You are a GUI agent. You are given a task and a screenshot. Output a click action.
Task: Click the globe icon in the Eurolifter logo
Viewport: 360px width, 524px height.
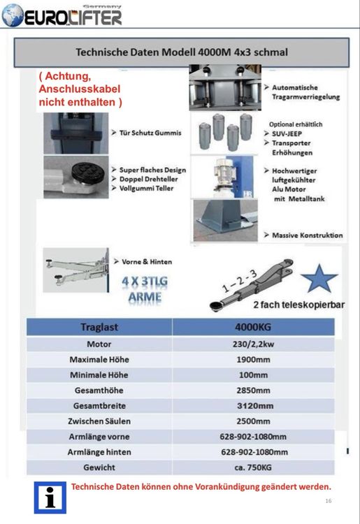13,15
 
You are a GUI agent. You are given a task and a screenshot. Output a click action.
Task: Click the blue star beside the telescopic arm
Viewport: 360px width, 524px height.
319,278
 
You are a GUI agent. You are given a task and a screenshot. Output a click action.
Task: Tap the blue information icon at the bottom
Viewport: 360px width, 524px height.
50,497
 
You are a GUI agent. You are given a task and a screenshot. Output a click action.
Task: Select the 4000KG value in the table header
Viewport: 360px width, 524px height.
253,327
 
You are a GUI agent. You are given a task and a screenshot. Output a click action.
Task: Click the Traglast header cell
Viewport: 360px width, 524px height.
99,327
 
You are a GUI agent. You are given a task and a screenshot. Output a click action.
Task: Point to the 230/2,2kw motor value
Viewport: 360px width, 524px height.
253,344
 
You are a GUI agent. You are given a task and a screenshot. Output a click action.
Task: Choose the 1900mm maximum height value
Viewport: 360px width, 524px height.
253,360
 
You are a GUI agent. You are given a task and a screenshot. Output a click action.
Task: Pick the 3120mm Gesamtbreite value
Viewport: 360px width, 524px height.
255,406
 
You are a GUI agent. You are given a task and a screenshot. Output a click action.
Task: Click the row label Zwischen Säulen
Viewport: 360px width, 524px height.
99,421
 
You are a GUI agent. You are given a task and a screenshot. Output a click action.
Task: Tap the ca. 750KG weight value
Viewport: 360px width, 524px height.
253,467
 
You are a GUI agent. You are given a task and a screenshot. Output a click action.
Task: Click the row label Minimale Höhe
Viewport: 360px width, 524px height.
99,375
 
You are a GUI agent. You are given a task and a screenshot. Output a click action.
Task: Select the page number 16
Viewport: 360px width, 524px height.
329,501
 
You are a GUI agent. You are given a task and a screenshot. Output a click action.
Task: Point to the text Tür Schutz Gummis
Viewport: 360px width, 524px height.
150,133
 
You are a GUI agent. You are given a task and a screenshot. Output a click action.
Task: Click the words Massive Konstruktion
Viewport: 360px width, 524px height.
307,235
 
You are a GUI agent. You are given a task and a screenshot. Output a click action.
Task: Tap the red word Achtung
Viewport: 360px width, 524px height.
68,76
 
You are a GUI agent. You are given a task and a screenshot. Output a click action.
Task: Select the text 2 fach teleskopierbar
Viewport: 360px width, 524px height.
298,305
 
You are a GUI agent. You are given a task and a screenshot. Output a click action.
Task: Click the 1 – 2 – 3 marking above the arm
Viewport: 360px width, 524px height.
240,281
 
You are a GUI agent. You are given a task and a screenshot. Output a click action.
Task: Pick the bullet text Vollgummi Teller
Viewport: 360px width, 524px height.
146,188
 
